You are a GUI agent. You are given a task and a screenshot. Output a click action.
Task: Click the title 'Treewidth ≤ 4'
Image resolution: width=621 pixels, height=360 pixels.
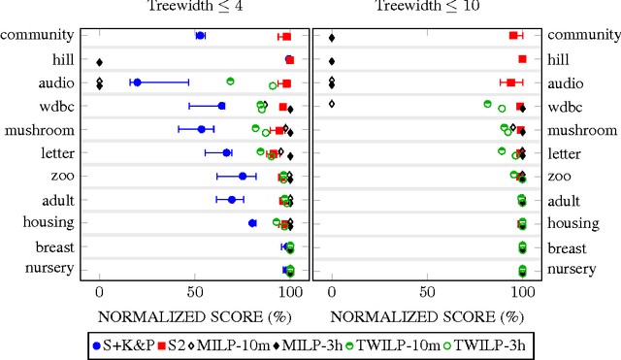pyautogui.click(x=193, y=8)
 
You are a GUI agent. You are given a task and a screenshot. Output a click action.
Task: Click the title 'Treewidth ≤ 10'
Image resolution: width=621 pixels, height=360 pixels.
pyautogui.click(x=427, y=8)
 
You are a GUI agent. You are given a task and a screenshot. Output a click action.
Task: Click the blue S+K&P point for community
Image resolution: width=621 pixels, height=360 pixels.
pyautogui.click(x=200, y=36)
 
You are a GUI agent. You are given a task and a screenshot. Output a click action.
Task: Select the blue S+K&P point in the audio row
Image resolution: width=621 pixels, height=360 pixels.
pyautogui.click(x=137, y=82)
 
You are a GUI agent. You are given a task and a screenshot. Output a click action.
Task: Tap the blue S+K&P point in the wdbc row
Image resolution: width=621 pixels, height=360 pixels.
pyautogui.click(x=221, y=106)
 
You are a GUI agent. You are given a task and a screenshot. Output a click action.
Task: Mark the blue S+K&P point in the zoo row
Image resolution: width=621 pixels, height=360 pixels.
pyautogui.click(x=243, y=176)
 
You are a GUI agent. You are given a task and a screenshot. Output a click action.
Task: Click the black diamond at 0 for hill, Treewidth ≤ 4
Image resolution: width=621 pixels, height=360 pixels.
pyautogui.click(x=99, y=61)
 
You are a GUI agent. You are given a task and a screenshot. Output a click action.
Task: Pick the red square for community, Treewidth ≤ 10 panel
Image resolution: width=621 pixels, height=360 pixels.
pyautogui.click(x=513, y=36)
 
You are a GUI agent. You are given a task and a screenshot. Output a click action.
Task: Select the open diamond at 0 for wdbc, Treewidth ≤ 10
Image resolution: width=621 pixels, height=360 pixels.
pyautogui.click(x=332, y=103)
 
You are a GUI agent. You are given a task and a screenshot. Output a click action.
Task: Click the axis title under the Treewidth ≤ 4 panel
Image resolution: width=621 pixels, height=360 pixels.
pyautogui.click(x=194, y=315)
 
